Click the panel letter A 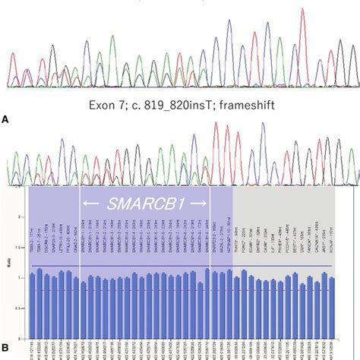click(x=6, y=119)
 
